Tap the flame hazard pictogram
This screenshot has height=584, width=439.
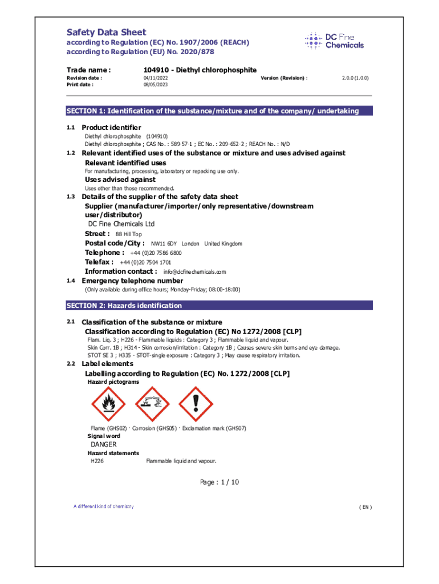point(107,404)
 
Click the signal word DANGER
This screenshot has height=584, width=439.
point(104,444)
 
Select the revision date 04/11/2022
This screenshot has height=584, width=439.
point(155,78)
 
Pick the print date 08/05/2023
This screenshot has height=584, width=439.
point(155,84)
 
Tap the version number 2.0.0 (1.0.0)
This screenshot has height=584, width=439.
point(355,78)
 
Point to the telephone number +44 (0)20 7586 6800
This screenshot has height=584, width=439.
point(156,253)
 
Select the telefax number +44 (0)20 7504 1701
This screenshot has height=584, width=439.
point(145,262)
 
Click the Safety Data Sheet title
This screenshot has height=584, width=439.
point(107,33)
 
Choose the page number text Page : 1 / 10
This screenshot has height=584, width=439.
point(219,482)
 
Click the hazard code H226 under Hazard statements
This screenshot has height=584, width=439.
point(97,461)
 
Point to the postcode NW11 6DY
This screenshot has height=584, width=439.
point(164,244)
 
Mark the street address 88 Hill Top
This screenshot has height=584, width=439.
point(129,234)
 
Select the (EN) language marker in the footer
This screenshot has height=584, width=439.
point(365,507)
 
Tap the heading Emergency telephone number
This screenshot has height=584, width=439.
point(133,281)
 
